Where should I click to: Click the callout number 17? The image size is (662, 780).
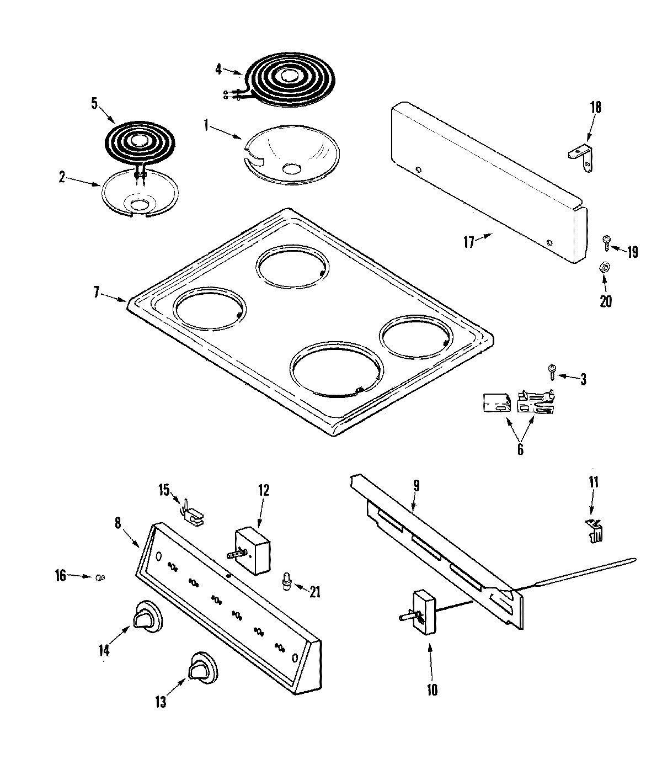pyautogui.click(x=468, y=242)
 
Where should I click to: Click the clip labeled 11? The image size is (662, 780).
pyautogui.click(x=592, y=531)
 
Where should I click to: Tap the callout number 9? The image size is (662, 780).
pyautogui.click(x=417, y=486)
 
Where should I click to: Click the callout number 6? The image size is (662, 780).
pyautogui.click(x=520, y=449)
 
